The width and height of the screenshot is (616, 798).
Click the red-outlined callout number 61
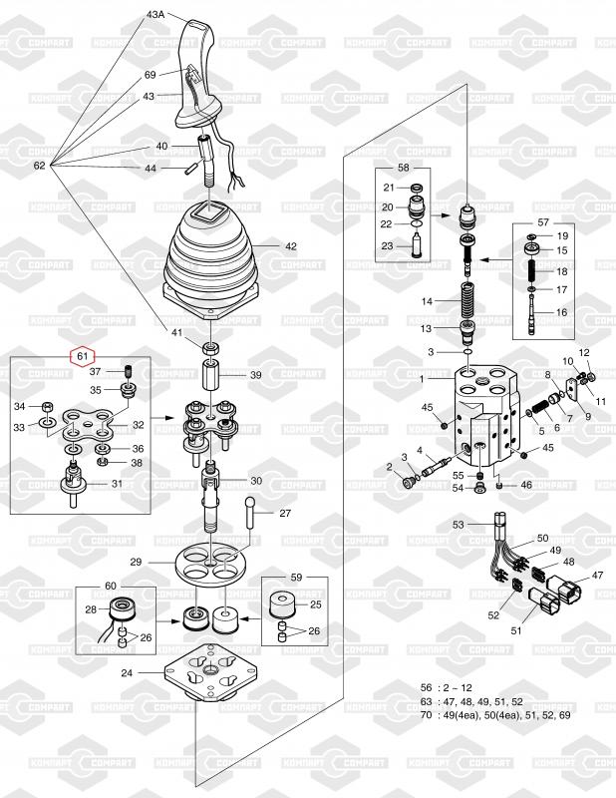[82, 354]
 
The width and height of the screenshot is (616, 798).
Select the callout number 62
[39, 165]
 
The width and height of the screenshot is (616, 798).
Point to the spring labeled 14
[465, 298]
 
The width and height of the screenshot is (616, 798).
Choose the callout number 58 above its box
[404, 169]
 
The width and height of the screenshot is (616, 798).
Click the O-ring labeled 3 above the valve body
[465, 352]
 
